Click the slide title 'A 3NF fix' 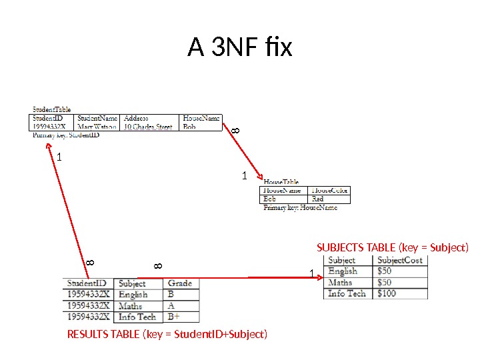point(240,48)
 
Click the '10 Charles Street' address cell point(148,127)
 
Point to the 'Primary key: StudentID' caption point(66,135)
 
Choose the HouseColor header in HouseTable point(330,191)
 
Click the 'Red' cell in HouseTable point(318,199)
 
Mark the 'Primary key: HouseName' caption point(300,207)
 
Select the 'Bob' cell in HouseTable point(270,199)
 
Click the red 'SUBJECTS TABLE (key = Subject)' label point(393,247)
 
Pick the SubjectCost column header point(400,260)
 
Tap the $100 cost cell point(387,293)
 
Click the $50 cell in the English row point(385,271)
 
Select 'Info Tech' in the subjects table point(347,293)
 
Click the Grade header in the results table point(180,283)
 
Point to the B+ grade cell point(175,317)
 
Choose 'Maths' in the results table point(131,306)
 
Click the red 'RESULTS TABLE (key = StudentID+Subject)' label point(167,334)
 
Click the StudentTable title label point(52,110)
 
